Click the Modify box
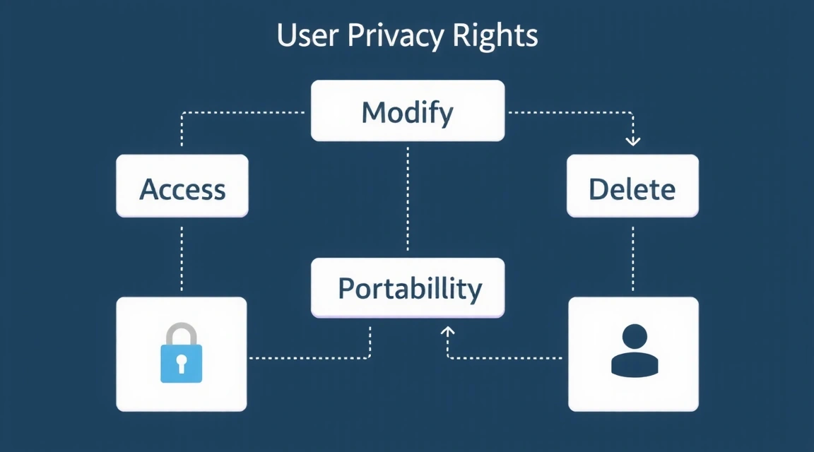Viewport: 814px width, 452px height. tap(408, 111)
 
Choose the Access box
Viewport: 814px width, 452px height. tap(182, 186)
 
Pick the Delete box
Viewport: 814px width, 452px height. tap(632, 186)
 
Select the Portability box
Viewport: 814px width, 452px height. tap(408, 287)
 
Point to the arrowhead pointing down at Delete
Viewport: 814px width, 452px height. tap(633, 141)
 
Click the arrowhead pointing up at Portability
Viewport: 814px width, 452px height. tap(447, 330)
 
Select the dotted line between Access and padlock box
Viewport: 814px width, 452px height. tap(182, 257)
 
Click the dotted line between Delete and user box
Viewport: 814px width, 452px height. tap(632, 257)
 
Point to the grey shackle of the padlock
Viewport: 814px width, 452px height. tap(181, 333)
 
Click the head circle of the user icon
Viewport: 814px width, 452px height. tap(635, 335)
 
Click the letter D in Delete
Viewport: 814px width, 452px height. tap(598, 189)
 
